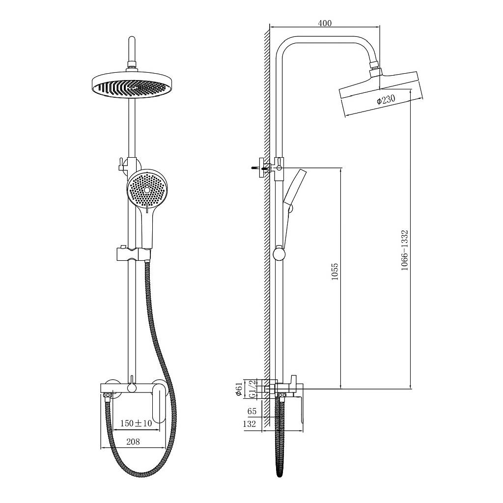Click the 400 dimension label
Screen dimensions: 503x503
(325, 24)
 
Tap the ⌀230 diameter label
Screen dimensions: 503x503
(386, 99)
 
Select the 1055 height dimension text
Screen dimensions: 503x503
(335, 272)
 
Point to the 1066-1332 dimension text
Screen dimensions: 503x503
(405, 250)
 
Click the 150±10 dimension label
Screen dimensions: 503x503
(136, 423)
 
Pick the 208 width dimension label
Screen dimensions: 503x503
(133, 442)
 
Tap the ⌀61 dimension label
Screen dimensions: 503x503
(239, 389)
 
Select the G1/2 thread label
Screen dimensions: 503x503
(253, 389)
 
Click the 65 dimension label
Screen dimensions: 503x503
(252, 411)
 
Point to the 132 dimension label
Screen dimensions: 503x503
(249, 424)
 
